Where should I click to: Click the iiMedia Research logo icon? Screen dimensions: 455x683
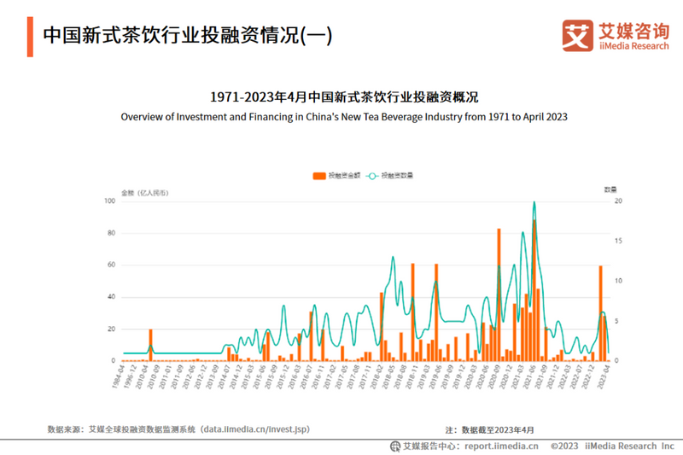coord(577,35)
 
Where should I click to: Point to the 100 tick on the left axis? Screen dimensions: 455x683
coord(109,201)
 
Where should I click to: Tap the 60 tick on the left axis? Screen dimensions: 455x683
coord(111,265)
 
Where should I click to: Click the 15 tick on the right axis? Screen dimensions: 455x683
coord(619,242)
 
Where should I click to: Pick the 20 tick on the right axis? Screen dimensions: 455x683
coord(619,201)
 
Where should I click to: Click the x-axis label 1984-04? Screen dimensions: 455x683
coord(119,376)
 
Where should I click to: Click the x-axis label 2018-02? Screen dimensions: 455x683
coord(376,376)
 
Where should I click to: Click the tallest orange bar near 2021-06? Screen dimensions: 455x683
coord(534,290)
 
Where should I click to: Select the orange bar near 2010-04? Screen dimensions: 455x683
coord(150,345)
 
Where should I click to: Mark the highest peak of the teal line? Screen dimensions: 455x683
coord(534,202)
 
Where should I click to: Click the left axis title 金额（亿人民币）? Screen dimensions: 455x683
coord(145,192)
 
